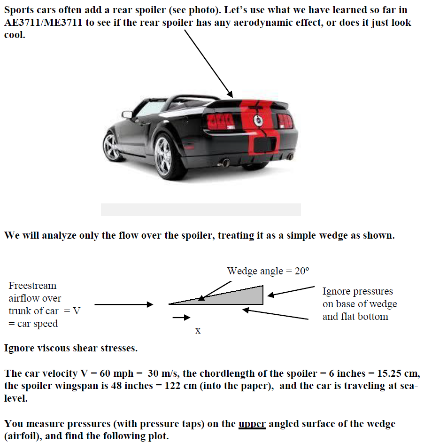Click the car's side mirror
[127, 114]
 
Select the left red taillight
[221, 122]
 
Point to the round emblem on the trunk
[258, 120]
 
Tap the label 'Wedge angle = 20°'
[269, 271]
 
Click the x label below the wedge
[198, 331]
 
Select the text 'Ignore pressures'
[357, 291]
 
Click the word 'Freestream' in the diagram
[32, 286]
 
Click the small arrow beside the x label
[178, 318]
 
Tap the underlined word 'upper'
[252, 424]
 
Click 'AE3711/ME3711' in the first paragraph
[45, 23]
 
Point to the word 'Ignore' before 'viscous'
[20, 349]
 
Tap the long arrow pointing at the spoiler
[208, 63]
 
